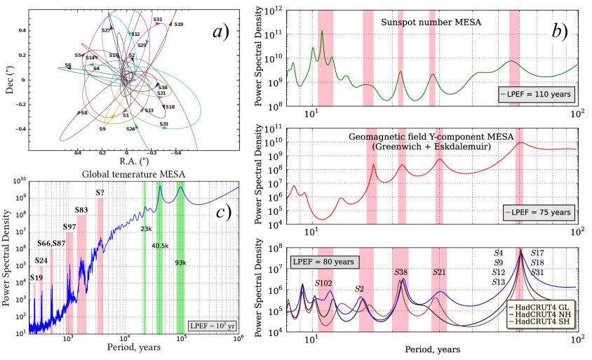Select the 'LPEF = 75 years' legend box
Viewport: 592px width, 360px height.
point(538,211)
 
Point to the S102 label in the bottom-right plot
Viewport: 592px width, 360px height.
point(323,283)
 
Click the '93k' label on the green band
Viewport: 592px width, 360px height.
point(181,263)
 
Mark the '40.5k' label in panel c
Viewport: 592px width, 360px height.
point(160,246)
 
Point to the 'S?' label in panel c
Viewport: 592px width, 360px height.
point(102,193)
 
